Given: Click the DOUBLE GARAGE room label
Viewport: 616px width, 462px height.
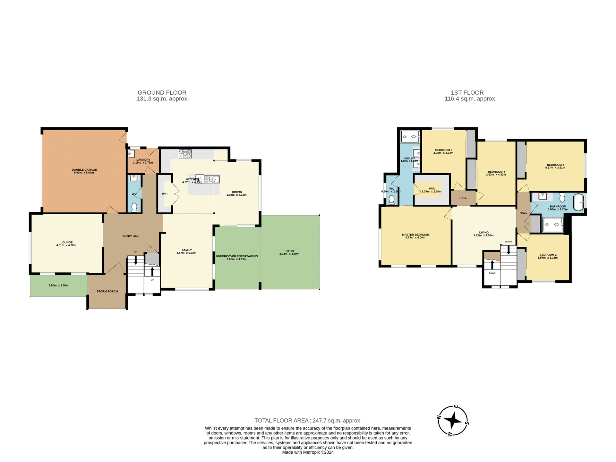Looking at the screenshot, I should pyautogui.click(x=84, y=170).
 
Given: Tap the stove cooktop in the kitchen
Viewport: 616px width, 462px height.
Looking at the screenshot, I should pyautogui.click(x=185, y=154).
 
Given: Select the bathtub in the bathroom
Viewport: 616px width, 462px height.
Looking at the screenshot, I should pyautogui.click(x=578, y=202).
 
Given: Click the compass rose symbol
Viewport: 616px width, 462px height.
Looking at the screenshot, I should pyautogui.click(x=453, y=421).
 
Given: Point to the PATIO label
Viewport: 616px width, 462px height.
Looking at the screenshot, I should pyautogui.click(x=289, y=251).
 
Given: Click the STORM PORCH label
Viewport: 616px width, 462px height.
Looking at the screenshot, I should pyautogui.click(x=107, y=291).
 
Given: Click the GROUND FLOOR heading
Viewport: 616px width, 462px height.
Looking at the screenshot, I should pyautogui.click(x=162, y=92).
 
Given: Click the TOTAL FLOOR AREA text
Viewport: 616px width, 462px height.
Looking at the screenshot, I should pyautogui.click(x=308, y=420).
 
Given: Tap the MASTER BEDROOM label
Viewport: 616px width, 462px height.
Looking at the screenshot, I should pyautogui.click(x=415, y=235).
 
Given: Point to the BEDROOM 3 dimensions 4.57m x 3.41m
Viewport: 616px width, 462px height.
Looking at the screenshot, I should pyautogui.click(x=555, y=167).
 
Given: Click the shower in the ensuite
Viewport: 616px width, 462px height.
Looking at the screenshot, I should pyautogui.click(x=410, y=137).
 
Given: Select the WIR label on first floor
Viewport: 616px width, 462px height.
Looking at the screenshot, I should pyautogui.click(x=432, y=189).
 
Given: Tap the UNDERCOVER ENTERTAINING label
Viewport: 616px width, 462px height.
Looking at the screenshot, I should pyautogui.click(x=237, y=256).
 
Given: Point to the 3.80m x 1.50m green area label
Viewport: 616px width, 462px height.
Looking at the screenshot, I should pyautogui.click(x=58, y=285).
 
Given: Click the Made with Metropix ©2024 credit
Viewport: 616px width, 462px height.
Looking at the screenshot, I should pyautogui.click(x=308, y=452).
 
